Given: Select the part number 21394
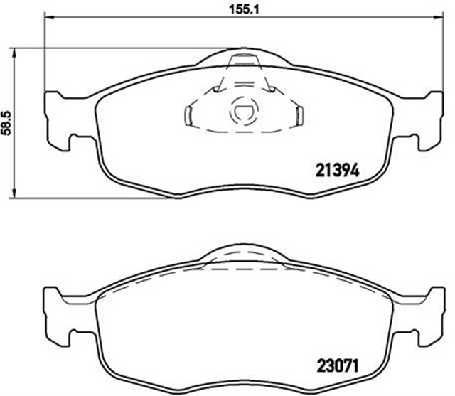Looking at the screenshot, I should (x=335, y=171).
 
